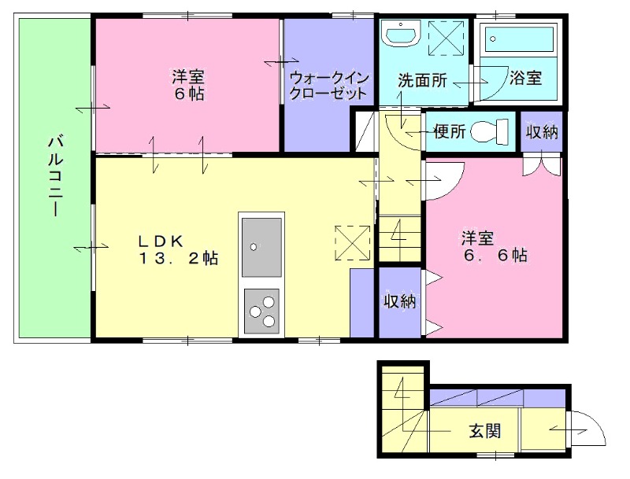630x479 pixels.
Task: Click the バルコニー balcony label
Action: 55,176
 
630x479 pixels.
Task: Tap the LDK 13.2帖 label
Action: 179,249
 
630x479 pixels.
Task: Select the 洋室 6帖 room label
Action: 188,85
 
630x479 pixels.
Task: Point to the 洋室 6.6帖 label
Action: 495,247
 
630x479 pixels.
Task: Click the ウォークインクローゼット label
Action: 328,86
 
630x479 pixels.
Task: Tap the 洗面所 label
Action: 422,81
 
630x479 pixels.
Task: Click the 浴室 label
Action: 526,77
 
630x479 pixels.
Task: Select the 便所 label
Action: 450,131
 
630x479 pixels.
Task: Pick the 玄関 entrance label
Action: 485,431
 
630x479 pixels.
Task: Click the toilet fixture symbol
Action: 489,131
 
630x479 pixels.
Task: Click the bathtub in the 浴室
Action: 520,39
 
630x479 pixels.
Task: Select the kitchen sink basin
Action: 261,247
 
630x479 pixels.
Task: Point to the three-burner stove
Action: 261,311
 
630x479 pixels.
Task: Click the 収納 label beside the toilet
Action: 542,131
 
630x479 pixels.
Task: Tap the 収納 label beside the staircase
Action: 400,301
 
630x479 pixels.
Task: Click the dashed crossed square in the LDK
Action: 352,243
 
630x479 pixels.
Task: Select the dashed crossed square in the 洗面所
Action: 446,38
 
